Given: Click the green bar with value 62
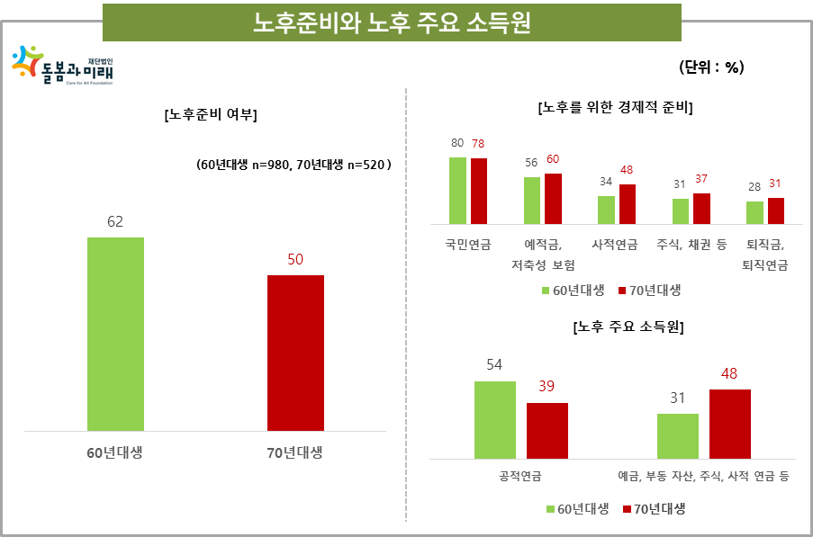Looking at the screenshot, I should (x=115, y=334).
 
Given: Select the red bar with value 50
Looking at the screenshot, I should (x=295, y=353).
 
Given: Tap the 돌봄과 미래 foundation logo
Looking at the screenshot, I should (x=63, y=65).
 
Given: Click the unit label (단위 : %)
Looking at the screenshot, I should (x=711, y=67).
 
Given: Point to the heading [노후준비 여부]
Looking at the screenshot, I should (x=211, y=115).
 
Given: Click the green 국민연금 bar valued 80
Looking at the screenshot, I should (x=457, y=190).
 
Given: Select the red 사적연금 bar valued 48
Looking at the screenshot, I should (x=627, y=203).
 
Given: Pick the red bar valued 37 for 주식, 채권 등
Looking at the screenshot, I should (x=701, y=208).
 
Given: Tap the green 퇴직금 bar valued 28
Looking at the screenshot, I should (x=754, y=212).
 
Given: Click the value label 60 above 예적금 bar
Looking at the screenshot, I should (x=553, y=159).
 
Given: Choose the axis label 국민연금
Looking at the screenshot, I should (x=467, y=244).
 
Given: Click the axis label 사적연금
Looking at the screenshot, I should (x=616, y=244).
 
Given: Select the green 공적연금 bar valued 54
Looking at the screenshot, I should (x=494, y=420).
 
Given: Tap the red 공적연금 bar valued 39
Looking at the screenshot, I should (x=547, y=431).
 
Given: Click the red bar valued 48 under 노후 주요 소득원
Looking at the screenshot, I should (x=729, y=424).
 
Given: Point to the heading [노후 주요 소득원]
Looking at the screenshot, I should (x=628, y=327).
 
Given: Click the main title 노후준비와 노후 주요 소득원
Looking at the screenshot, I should (x=392, y=22).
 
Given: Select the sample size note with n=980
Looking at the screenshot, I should (x=294, y=166).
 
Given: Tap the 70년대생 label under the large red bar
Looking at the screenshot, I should (x=295, y=452).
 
